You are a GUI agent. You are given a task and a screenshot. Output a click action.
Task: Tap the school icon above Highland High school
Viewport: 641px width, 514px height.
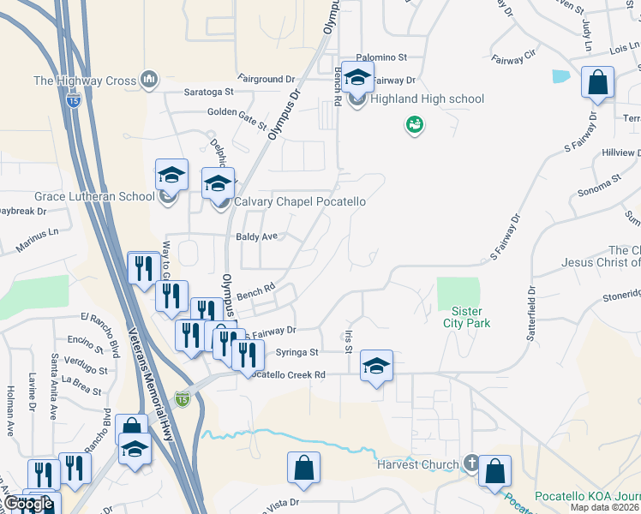click(357, 78)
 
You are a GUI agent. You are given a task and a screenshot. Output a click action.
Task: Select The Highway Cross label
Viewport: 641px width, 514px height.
click(85, 81)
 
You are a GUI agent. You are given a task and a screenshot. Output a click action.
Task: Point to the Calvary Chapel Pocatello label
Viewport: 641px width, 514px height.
click(300, 202)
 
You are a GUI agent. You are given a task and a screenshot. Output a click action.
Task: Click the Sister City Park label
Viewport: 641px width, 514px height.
click(467, 317)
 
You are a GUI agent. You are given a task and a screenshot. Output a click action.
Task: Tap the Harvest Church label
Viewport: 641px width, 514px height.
click(418, 465)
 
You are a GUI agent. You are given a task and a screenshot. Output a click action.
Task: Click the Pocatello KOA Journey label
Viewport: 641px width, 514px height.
click(587, 497)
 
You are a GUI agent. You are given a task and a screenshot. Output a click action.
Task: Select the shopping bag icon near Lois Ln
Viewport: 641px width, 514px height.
click(597, 84)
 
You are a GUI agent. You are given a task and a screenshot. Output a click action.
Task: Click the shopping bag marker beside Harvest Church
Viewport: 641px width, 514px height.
click(494, 472)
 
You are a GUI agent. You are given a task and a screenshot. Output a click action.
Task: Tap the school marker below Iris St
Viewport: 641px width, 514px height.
click(376, 367)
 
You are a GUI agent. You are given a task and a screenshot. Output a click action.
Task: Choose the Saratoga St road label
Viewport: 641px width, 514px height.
click(208, 91)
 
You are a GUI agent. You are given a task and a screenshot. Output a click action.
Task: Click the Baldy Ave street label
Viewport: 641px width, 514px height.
click(258, 236)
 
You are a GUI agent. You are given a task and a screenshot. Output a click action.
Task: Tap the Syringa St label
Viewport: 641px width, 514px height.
click(297, 352)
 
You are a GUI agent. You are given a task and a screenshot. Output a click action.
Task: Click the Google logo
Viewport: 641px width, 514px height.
click(28, 504)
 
